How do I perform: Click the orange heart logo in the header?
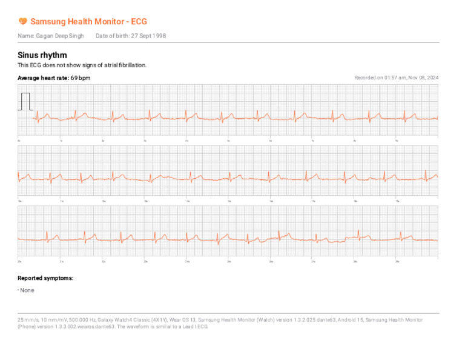22,21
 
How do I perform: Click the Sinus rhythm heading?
42,55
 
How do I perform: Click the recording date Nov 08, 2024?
423,78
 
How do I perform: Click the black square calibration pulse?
25,101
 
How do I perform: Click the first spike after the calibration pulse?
37,115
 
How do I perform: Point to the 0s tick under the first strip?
19,140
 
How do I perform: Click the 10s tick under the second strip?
20,201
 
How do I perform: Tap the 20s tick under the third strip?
20,261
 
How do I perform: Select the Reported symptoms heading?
45,278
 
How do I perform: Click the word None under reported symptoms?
27,290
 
